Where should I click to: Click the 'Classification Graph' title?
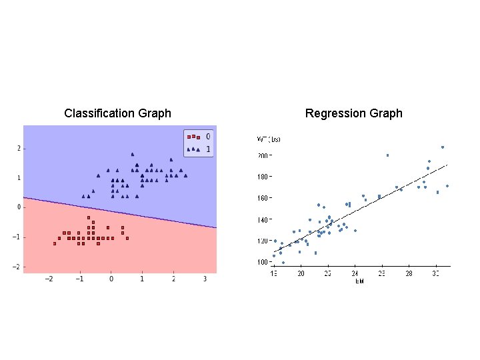click(x=117, y=113)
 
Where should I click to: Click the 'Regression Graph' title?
click(x=353, y=113)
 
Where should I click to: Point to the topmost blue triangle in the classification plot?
click(x=133, y=154)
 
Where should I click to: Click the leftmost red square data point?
click(x=55, y=243)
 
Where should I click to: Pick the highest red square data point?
click(x=89, y=218)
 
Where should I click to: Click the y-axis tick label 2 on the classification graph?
click(x=18, y=148)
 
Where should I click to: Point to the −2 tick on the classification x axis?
click(x=48, y=278)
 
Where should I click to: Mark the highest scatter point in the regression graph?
click(x=442, y=147)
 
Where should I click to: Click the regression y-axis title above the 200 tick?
click(x=269, y=139)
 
